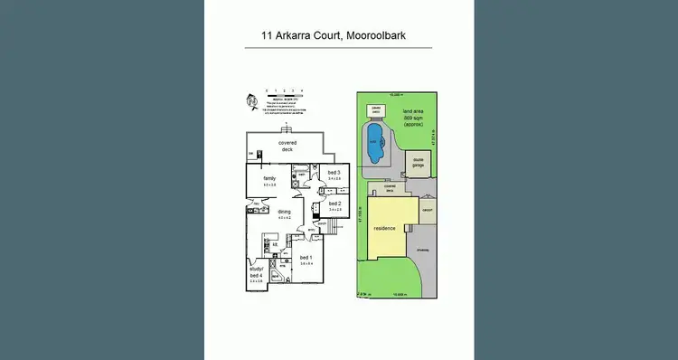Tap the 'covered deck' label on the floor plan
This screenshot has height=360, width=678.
tap(287, 146)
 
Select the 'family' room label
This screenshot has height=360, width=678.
tap(269, 179)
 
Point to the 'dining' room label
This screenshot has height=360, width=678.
tap(285, 213)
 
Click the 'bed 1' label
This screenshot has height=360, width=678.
tap(306, 258)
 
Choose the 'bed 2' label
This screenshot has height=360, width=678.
tap(334, 204)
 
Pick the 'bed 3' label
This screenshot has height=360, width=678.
tap(334, 173)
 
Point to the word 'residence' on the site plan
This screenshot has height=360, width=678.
tap(386, 228)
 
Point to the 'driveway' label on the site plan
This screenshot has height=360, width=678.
tap(423, 248)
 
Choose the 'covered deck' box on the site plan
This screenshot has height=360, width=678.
tap(390, 190)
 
